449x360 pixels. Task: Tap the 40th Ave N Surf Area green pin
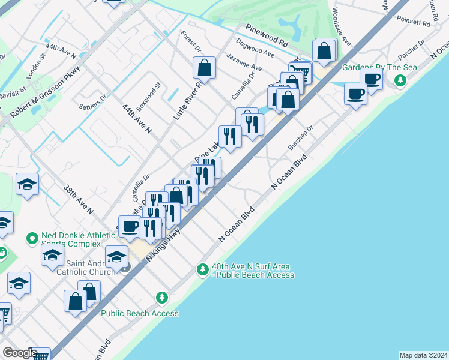(x=203, y=270)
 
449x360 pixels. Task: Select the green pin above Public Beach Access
(x=161, y=297)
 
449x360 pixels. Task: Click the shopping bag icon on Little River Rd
(x=204, y=68)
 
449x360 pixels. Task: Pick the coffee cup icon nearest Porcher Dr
(x=372, y=79)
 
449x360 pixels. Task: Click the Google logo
(x=20, y=353)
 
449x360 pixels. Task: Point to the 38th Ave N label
(x=79, y=200)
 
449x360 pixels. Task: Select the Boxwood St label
(x=148, y=97)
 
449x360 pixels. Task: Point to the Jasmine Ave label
(x=244, y=62)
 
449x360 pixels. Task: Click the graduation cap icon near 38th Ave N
(x=27, y=184)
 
